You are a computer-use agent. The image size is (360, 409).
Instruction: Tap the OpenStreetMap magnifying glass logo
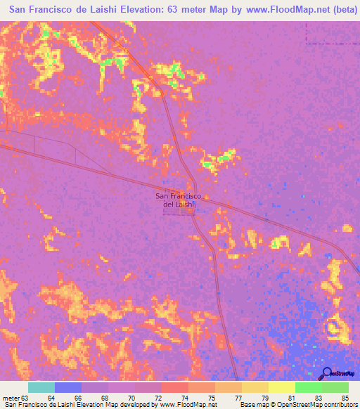(327, 373)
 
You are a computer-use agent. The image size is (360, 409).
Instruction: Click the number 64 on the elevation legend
(51, 398)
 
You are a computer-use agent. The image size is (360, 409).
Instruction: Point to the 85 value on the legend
(345, 398)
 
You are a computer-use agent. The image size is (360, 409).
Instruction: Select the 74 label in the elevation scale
(185, 398)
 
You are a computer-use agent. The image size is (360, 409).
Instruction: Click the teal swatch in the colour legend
(41, 387)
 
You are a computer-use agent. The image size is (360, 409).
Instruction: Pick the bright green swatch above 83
(308, 387)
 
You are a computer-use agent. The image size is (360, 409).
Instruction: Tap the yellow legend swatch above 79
(255, 387)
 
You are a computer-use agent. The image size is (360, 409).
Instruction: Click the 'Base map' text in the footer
(255, 405)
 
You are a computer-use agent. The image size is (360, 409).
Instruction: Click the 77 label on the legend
(238, 398)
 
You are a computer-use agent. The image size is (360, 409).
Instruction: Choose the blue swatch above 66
(68, 387)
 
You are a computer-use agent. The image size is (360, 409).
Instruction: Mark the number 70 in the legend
(131, 398)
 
